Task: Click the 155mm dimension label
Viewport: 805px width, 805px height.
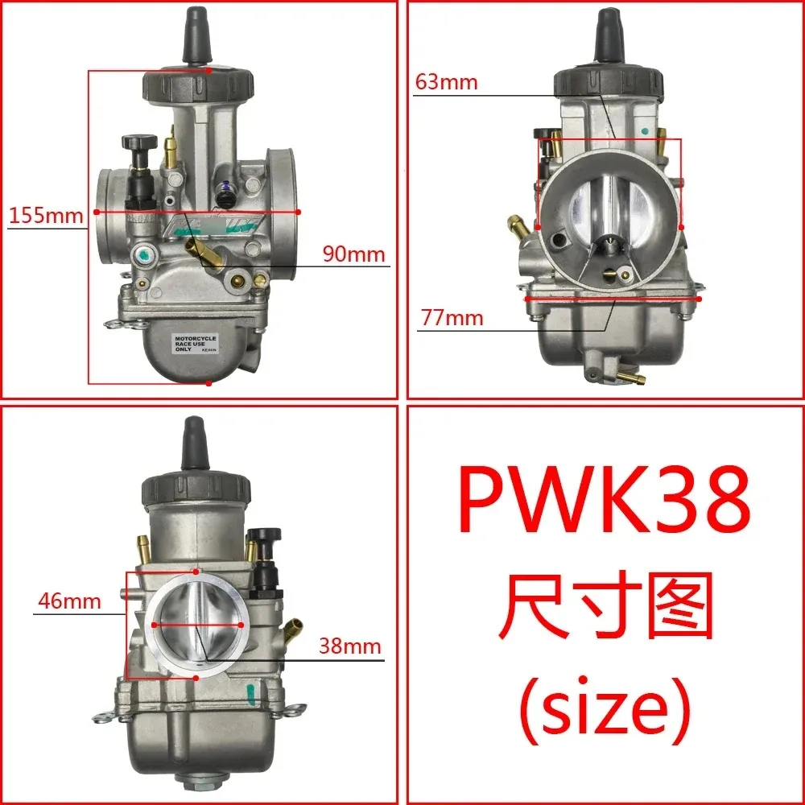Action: coord(45,216)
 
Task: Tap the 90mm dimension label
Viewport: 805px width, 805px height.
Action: coord(354,254)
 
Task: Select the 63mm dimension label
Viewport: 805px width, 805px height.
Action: coord(447,82)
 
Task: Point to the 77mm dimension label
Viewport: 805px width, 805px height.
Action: coord(452,318)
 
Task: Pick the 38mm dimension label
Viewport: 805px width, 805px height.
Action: coord(349,646)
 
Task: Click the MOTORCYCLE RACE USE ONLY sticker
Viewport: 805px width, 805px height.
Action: coord(196,342)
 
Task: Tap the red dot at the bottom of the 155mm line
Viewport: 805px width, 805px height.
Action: coord(208,383)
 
